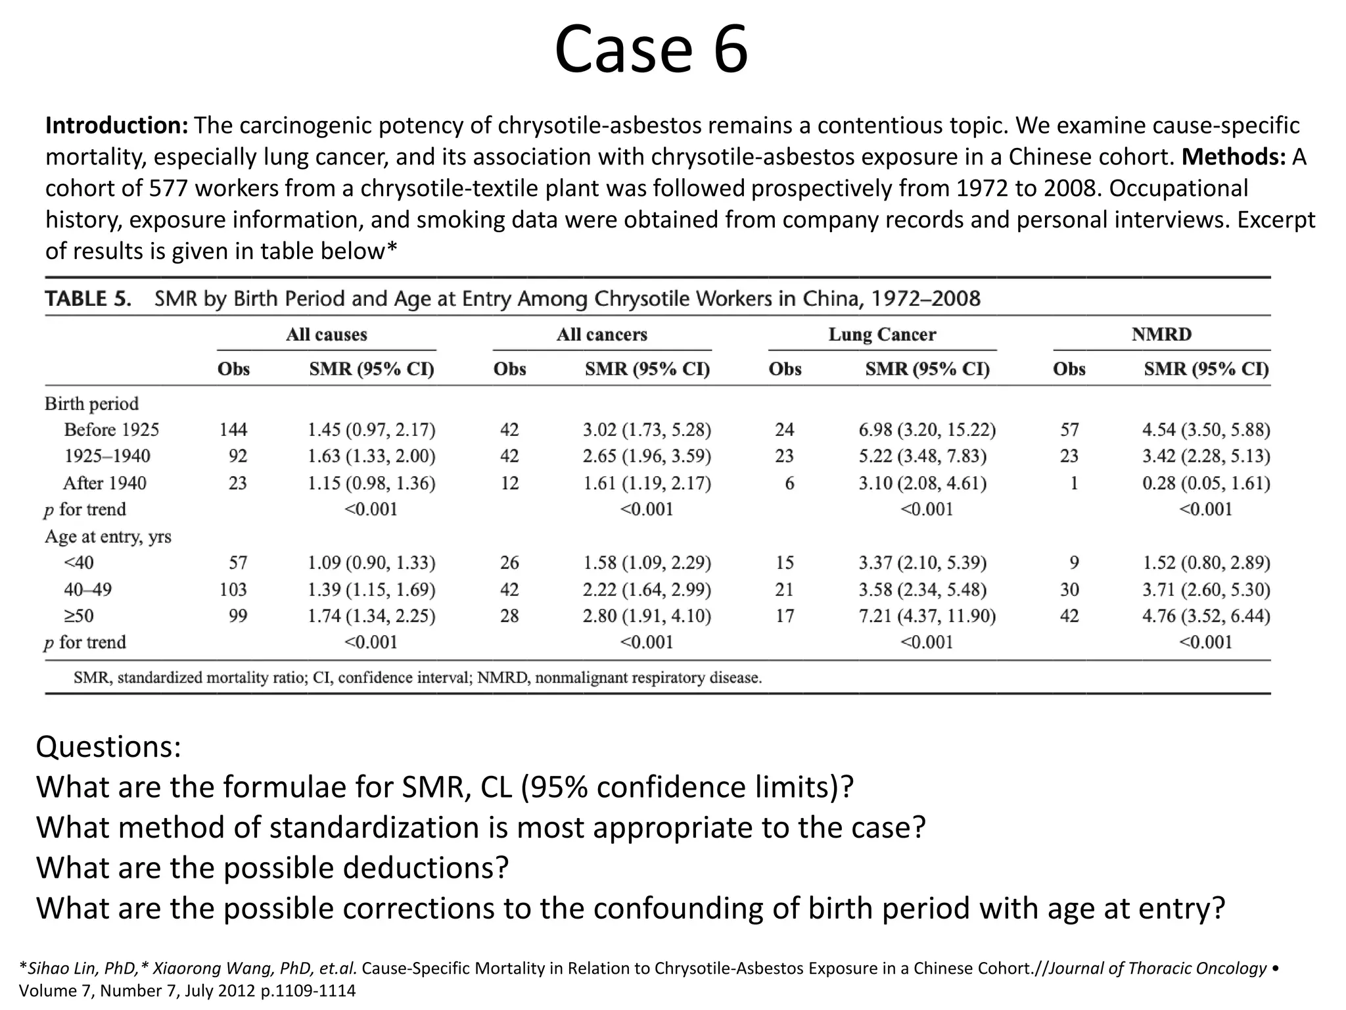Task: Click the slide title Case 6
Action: (651, 49)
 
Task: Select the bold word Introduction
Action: (116, 125)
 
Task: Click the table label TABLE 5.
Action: (88, 299)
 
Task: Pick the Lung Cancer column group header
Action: (881, 334)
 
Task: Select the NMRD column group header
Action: (1161, 334)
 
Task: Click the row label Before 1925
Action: (111, 429)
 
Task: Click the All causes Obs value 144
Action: (233, 429)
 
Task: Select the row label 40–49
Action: (87, 589)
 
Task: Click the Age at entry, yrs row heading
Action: (108, 537)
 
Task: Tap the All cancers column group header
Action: (601, 334)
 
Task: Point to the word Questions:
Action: (108, 747)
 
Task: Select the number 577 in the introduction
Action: (168, 188)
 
